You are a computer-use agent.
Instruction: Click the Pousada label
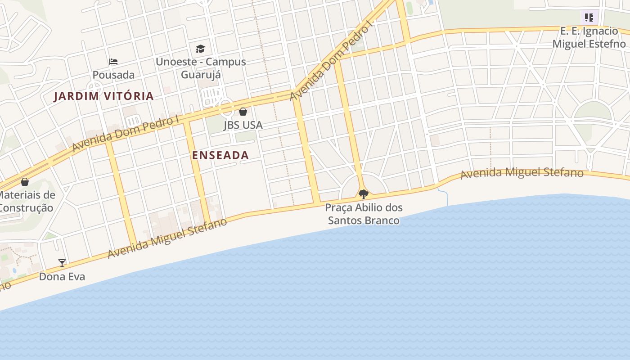coord(113,74)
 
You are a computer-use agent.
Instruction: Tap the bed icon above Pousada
coord(113,62)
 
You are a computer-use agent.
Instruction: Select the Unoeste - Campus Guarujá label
coord(201,67)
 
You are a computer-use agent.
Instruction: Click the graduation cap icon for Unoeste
coord(200,49)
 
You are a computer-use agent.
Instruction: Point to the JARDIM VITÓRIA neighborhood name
coord(104,96)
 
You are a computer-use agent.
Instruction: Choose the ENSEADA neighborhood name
coord(220,155)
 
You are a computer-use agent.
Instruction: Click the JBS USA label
coord(243,125)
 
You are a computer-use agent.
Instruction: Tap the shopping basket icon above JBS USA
coord(243,111)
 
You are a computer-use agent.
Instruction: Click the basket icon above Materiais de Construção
coord(25,182)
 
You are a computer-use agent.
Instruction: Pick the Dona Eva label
coord(62,276)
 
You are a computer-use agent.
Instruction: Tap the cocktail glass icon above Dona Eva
coord(62,263)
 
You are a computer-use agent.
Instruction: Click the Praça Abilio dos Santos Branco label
coord(364,214)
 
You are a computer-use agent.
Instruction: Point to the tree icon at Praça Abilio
coord(364,194)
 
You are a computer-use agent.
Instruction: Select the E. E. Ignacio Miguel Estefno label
coord(589,37)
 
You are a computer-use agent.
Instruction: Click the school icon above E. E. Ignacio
coord(589,18)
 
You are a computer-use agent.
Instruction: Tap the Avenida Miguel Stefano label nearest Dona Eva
coord(167,238)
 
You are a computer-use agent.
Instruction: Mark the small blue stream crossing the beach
coord(445,197)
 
